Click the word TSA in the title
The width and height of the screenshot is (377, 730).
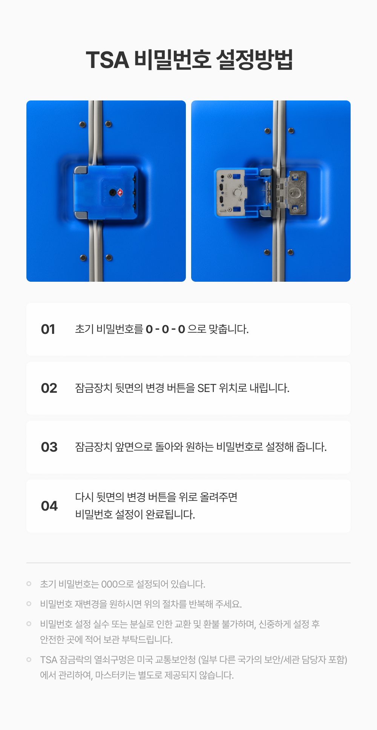click(x=107, y=60)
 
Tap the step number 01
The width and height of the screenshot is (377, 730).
click(x=48, y=329)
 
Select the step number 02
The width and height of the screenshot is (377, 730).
click(x=49, y=388)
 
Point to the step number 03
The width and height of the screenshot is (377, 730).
click(x=49, y=447)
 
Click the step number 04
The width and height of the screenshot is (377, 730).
click(x=49, y=506)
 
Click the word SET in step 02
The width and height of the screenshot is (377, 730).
click(x=207, y=388)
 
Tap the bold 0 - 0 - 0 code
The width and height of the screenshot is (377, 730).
click(x=166, y=329)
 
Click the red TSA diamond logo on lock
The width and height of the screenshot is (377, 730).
click(x=120, y=193)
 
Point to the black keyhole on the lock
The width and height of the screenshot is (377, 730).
click(x=112, y=193)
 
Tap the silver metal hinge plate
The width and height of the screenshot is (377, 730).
click(x=292, y=193)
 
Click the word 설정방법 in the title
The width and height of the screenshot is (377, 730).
click(x=254, y=60)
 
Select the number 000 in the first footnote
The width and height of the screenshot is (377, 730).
click(x=110, y=584)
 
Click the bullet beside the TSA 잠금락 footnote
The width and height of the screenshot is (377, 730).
click(x=29, y=660)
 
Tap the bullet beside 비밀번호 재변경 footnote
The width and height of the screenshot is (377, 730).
click(x=29, y=604)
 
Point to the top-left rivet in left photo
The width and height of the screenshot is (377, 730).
click(x=83, y=125)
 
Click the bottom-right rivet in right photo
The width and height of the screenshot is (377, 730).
click(x=290, y=252)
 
